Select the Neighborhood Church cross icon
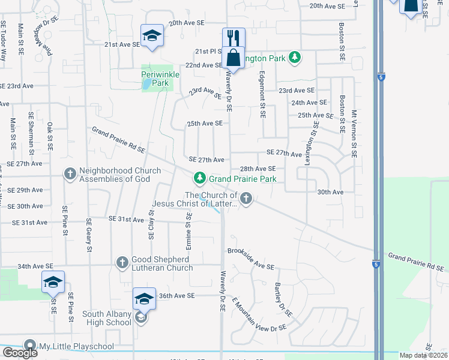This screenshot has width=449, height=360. click(70, 174)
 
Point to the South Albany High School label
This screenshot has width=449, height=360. click(107, 318)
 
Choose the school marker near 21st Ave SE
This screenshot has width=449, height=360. click(152, 35)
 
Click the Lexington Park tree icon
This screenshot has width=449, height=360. click(294, 58)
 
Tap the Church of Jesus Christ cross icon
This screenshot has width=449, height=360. click(246, 198)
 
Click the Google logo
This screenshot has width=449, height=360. click(20, 353)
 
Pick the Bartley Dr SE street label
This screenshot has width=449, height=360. click(283, 300)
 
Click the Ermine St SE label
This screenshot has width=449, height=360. click(188, 232)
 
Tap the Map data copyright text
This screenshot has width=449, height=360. click(423, 355)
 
